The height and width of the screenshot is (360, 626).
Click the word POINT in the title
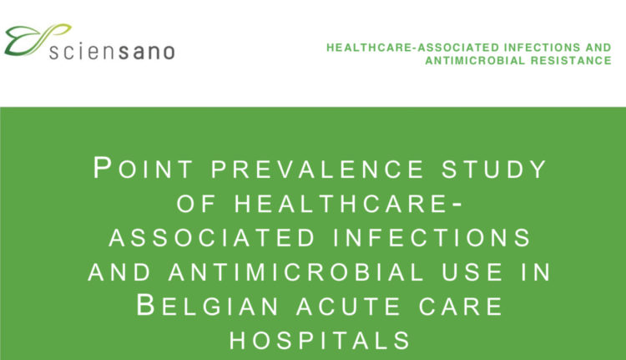coord(143,169)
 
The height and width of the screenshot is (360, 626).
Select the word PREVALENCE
coord(317,170)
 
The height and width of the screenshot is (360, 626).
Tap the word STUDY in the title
coord(494,170)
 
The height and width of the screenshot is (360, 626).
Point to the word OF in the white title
coord(196,204)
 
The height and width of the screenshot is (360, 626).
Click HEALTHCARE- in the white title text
coord(348,204)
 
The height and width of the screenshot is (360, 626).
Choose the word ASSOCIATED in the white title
coord(212,238)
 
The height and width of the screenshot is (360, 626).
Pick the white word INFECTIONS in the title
coord(432,238)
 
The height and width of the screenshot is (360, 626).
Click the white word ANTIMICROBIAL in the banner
coord(296,272)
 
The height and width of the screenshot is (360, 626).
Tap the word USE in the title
coord(472,272)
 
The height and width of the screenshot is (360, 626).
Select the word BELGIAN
coord(208,306)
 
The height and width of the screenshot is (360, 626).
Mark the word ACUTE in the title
coord(349,307)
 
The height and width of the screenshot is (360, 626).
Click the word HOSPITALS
coord(320,341)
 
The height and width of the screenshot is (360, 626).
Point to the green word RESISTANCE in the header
coord(571,61)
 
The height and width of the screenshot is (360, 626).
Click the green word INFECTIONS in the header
coord(541,48)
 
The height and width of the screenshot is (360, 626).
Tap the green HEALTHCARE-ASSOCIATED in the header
coord(413,48)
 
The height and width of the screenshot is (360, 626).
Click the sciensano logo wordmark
coord(112,52)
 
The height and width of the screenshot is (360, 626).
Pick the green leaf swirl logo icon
coord(37,39)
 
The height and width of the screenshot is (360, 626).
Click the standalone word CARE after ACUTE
coord(460,307)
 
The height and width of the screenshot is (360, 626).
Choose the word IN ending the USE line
coord(536,272)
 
